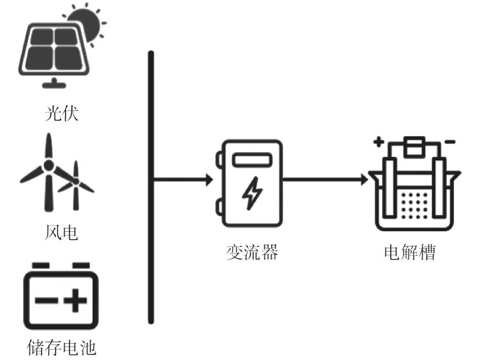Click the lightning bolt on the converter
click(x=252, y=193)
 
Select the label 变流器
click(x=252, y=252)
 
